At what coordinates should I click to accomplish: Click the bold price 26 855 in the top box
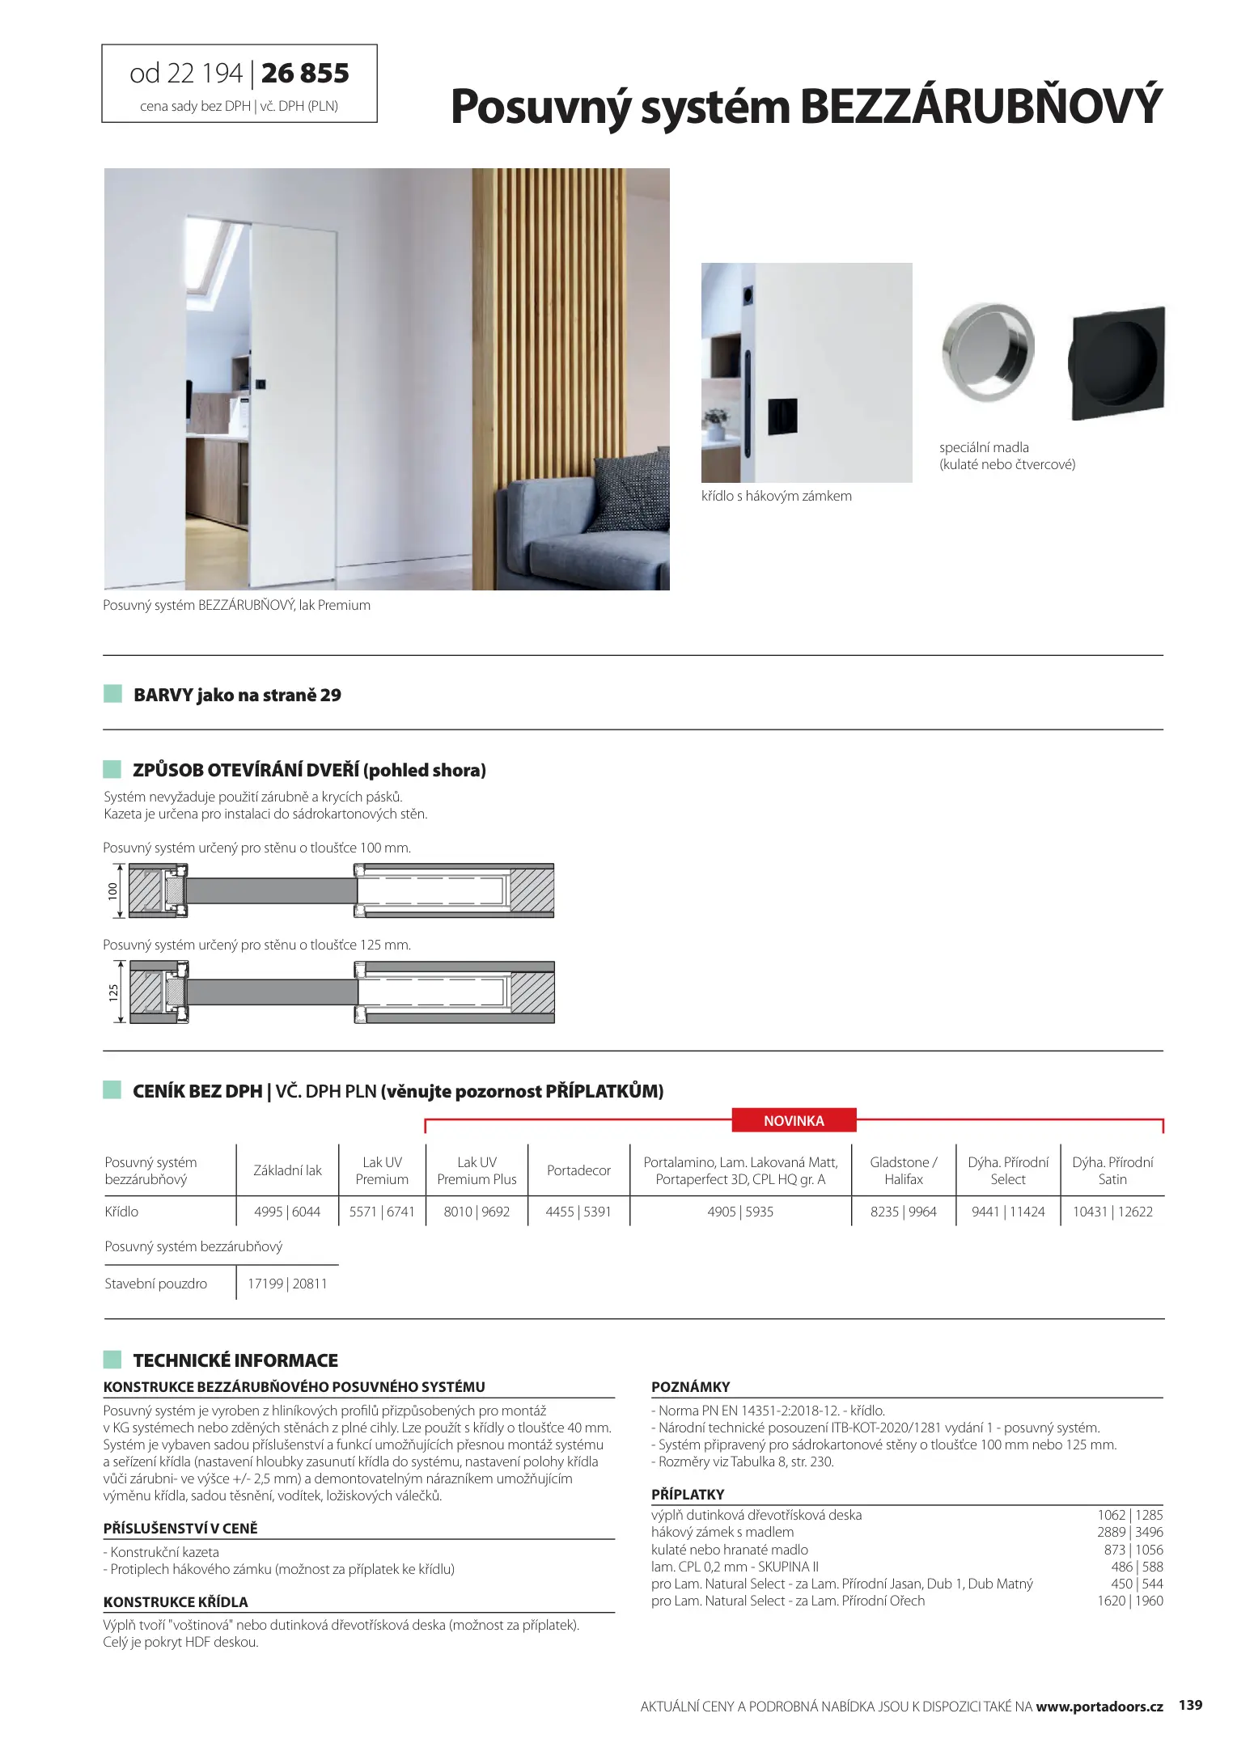[305, 74]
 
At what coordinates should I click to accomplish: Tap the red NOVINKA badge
[794, 1121]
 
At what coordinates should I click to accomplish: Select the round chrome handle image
[988, 353]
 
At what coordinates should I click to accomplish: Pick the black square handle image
[1118, 363]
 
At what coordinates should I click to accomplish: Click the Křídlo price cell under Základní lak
[287, 1212]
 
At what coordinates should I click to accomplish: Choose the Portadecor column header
[578, 1170]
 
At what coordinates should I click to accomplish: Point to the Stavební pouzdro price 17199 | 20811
[287, 1284]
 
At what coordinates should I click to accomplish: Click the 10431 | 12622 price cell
[1112, 1212]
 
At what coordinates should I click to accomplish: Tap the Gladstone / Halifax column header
[903, 1170]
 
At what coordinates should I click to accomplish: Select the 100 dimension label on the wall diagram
[113, 891]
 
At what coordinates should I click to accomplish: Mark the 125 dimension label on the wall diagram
[113, 992]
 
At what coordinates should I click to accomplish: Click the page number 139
[1190, 1706]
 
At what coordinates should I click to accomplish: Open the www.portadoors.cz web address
[1099, 1707]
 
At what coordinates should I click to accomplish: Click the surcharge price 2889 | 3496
[1129, 1532]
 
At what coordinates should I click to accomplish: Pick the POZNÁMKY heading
[690, 1387]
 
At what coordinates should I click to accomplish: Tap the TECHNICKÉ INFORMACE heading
[235, 1360]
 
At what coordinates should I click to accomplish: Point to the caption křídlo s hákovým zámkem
[776, 496]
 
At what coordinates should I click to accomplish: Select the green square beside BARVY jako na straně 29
[112, 694]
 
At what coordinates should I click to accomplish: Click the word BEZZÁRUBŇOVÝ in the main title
[981, 107]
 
